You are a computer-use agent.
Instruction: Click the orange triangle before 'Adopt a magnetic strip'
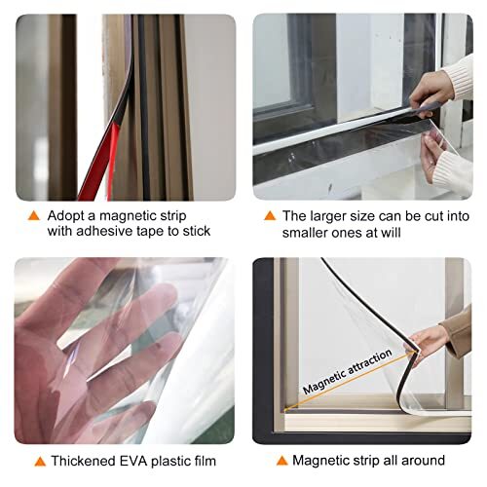[34, 212]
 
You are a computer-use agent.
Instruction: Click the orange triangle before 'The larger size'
[272, 212]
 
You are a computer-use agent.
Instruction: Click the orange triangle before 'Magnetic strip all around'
[281, 460]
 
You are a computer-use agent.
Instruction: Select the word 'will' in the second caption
[414, 231]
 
